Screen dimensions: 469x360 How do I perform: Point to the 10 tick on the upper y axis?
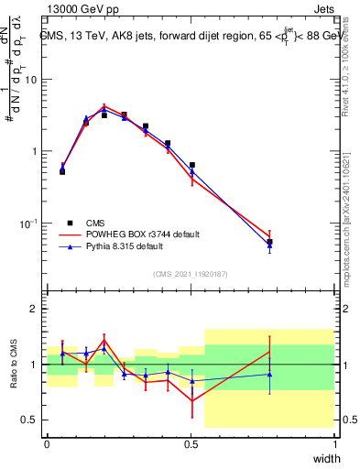(32, 80)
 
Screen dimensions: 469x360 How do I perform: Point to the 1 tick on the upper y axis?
(35, 151)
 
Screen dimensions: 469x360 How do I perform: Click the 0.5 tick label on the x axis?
(191, 443)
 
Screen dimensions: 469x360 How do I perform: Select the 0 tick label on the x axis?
(47, 443)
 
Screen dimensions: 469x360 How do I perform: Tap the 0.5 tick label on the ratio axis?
(29, 420)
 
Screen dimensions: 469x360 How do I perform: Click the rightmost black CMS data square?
(269, 242)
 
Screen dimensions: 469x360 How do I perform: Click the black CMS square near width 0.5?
(192, 165)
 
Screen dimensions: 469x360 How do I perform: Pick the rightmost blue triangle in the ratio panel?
(269, 374)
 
